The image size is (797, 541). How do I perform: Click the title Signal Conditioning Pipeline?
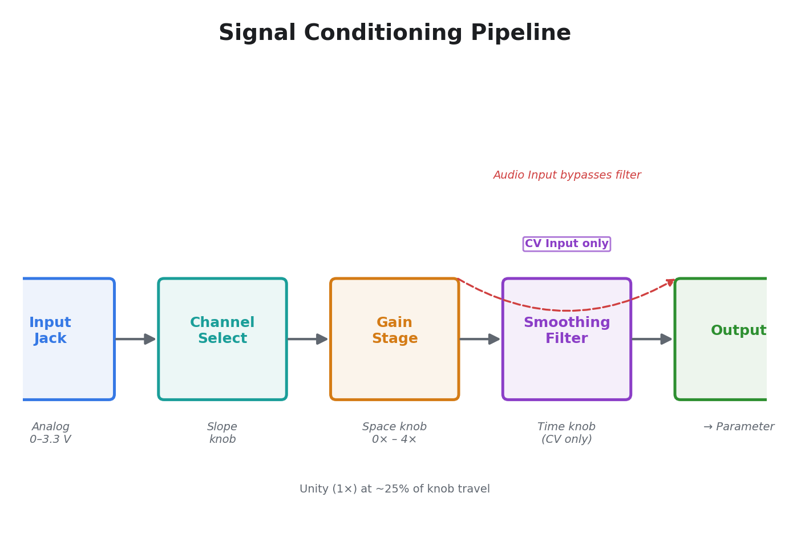tap(394, 33)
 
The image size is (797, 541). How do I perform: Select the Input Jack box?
tap(63, 339)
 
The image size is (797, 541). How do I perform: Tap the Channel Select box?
tap(222, 339)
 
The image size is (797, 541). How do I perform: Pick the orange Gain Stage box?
tap(394, 339)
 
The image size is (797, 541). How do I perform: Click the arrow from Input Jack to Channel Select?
tap(136, 339)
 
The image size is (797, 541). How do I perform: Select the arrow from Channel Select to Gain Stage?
tap(308, 339)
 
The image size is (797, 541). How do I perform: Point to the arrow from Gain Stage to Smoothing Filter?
tap(480, 339)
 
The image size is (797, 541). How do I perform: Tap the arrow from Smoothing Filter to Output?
tap(653, 339)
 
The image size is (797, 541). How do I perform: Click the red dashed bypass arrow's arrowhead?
tap(671, 282)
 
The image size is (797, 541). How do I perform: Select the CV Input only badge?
tap(567, 244)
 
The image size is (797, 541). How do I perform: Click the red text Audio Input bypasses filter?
tap(567, 175)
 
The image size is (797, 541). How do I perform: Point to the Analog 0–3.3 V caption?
tap(51, 433)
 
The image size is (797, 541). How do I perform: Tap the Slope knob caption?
tap(222, 433)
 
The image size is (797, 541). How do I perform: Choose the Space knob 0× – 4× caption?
tap(394, 433)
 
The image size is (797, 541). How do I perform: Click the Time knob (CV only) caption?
tap(567, 433)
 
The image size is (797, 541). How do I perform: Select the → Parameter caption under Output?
tap(738, 427)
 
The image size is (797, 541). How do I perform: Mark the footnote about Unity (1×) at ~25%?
tap(394, 489)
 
